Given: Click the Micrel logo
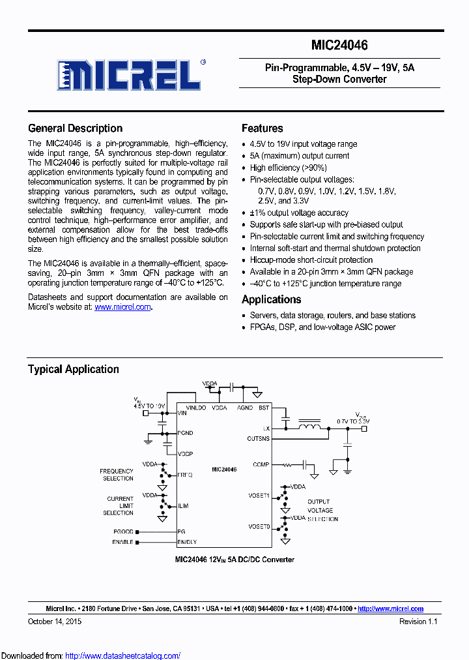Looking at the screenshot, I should [x=129, y=74].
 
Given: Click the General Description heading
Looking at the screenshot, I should [x=75, y=128].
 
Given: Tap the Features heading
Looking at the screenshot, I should [x=262, y=128].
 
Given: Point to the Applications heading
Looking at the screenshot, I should [x=271, y=299].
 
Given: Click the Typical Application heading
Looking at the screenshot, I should [x=73, y=369].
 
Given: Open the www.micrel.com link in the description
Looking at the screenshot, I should [x=122, y=307].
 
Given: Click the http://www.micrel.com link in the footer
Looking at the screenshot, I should [x=390, y=608].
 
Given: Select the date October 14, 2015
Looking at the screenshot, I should [x=55, y=622].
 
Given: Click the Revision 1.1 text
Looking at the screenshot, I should [x=418, y=622].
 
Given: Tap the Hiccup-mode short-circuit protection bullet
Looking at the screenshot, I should [x=311, y=260].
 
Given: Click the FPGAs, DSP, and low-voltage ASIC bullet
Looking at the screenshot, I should [x=322, y=327].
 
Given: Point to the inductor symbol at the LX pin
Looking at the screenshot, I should [x=309, y=428].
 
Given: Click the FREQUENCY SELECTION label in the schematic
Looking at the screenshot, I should [x=117, y=475].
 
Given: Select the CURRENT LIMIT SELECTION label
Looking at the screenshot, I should [x=120, y=505].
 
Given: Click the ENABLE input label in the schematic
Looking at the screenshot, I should [x=122, y=542].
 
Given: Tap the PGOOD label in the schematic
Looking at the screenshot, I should [x=123, y=532].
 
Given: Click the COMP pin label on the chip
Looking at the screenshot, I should [x=261, y=465].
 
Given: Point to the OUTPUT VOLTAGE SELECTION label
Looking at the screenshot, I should [x=320, y=510].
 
